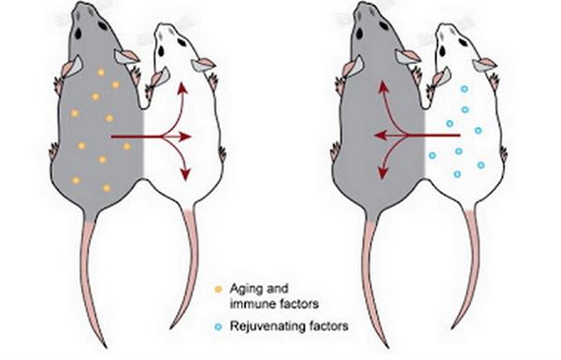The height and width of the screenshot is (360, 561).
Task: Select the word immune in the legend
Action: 251,304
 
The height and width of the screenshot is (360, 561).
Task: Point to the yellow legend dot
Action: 218,289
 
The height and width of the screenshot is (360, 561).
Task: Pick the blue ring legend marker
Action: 218,326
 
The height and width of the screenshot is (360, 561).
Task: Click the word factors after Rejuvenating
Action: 328,326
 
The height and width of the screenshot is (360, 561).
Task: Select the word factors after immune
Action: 296,304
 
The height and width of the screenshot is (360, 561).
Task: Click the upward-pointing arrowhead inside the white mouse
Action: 183,88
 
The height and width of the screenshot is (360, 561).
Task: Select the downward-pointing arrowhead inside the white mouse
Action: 185,174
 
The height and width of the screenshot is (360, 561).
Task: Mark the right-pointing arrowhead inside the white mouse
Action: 185,137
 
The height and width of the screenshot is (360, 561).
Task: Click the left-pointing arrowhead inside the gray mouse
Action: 380,136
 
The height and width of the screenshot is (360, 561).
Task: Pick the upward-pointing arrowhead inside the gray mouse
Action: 383,87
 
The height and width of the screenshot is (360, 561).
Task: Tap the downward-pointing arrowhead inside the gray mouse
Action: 382,173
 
